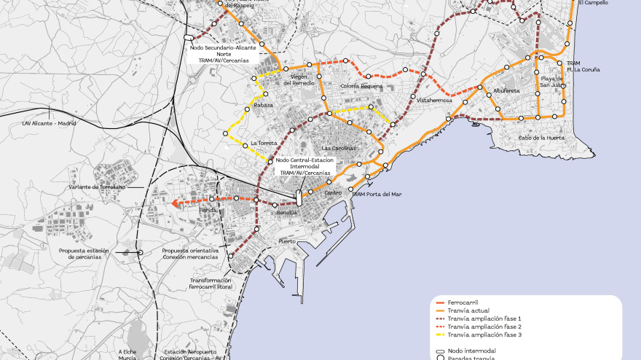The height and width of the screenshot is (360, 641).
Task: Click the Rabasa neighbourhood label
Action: click(x=264, y=105)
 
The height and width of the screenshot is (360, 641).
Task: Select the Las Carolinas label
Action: click(x=339, y=148)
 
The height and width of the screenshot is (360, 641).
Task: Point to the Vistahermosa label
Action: click(x=435, y=101)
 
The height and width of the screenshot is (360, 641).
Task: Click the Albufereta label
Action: click(x=506, y=91)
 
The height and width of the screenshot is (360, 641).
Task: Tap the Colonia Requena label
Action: click(x=361, y=86)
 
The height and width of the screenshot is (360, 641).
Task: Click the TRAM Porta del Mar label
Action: click(x=377, y=194)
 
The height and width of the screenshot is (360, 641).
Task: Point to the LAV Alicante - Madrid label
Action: click(x=50, y=123)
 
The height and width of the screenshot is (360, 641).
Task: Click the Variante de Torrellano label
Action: click(x=97, y=187)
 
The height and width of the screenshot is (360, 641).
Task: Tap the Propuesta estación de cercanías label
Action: click(x=84, y=254)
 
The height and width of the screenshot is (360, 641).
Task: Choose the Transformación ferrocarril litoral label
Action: click(x=210, y=283)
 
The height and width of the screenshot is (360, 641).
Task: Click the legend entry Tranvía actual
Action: click(x=468, y=311)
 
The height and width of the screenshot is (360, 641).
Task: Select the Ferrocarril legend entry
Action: click(x=463, y=302)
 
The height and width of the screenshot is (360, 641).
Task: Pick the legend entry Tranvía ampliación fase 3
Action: click(x=484, y=335)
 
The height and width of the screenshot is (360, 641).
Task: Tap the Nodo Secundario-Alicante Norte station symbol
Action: click(x=189, y=37)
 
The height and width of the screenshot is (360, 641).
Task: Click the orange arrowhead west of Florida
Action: click(x=175, y=205)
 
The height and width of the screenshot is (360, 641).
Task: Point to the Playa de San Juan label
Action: click(x=551, y=82)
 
